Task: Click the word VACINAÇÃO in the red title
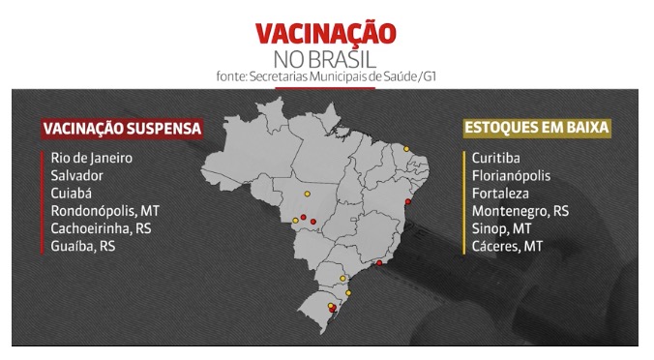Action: coord(325,33)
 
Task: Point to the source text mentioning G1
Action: coord(326,76)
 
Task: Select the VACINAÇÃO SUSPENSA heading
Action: coord(121,128)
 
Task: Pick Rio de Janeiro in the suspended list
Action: coord(93,158)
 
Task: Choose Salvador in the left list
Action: coord(78,175)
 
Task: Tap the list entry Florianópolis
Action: coord(514,175)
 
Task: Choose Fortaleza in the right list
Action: coord(503,193)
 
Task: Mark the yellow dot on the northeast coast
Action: coord(407,149)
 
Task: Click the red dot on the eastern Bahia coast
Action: coord(409,202)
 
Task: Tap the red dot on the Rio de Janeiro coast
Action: coord(379,262)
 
